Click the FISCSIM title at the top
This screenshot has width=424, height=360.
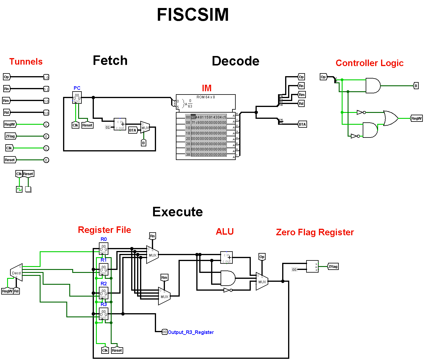point(193,15)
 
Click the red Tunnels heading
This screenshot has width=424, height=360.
point(26,62)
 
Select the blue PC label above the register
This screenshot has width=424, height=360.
point(77,88)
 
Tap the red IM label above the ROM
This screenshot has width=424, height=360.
point(207,88)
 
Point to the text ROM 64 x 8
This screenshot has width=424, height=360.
point(206,97)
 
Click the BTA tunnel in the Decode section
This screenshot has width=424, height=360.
point(302,124)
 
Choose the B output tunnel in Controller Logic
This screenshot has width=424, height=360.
point(416,86)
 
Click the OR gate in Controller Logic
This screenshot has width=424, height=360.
point(390,118)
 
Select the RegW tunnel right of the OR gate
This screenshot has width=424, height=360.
point(416,119)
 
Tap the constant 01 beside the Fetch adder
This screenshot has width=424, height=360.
point(108,127)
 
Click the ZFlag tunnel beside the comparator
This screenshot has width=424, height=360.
point(333,267)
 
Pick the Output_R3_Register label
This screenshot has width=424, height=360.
point(191,332)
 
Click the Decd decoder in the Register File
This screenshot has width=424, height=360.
point(17,273)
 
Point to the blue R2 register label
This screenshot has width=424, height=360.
point(104,284)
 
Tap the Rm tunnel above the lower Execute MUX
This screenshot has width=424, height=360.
point(164,278)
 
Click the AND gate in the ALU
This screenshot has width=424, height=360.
point(228,278)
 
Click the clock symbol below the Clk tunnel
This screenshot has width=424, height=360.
point(19,189)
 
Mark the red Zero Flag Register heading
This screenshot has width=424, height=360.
point(315,232)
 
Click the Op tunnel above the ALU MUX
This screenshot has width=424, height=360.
point(262,257)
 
